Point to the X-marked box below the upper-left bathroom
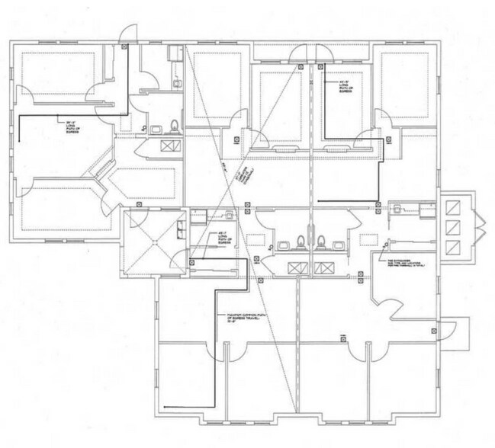coord(169,145)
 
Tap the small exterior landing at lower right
coord(458,332)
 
